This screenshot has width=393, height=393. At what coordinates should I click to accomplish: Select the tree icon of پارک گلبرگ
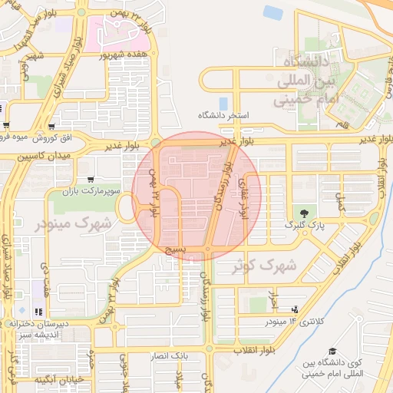pyautogui.click(x=306, y=213)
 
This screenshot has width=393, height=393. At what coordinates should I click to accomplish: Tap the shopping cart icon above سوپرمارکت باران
pyautogui.click(x=91, y=179)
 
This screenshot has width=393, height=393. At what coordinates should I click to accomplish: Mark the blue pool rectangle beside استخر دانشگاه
pyautogui.click(x=223, y=102)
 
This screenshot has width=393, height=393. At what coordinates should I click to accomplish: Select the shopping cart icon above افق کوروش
pyautogui.click(x=51, y=126)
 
